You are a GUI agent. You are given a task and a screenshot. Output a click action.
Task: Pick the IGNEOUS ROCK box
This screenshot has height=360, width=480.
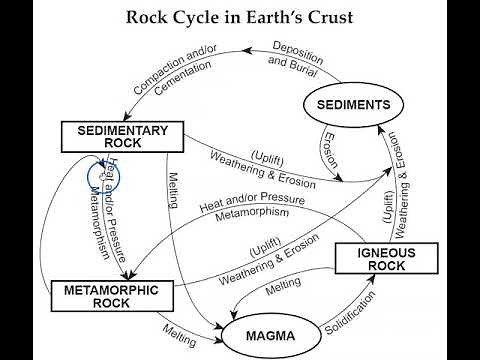click(372, 260)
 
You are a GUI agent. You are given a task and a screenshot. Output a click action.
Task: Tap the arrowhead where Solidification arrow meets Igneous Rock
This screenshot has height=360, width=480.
click(373, 281)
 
